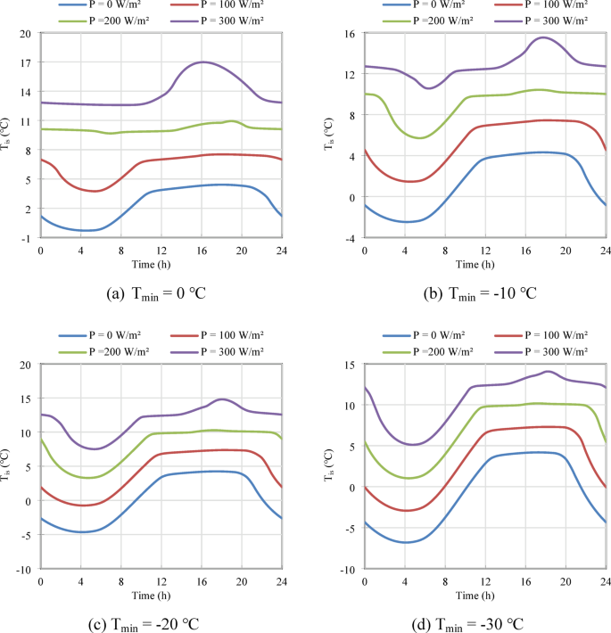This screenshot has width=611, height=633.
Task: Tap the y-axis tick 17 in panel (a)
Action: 26,62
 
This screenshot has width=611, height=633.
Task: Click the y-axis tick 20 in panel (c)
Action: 26,365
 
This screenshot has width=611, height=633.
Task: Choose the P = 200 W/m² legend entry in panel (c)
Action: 124,351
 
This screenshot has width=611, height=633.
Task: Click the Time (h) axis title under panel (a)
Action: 161,263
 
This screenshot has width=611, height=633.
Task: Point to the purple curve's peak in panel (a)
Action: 202,62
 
